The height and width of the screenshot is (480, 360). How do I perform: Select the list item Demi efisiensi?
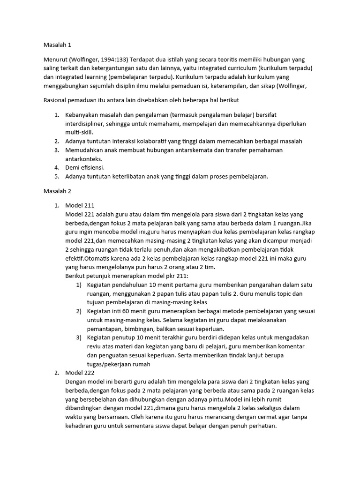pos(85,167)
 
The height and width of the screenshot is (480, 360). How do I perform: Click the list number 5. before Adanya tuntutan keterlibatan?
pos(56,176)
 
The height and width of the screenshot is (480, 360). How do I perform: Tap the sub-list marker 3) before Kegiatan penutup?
pos(79,337)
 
